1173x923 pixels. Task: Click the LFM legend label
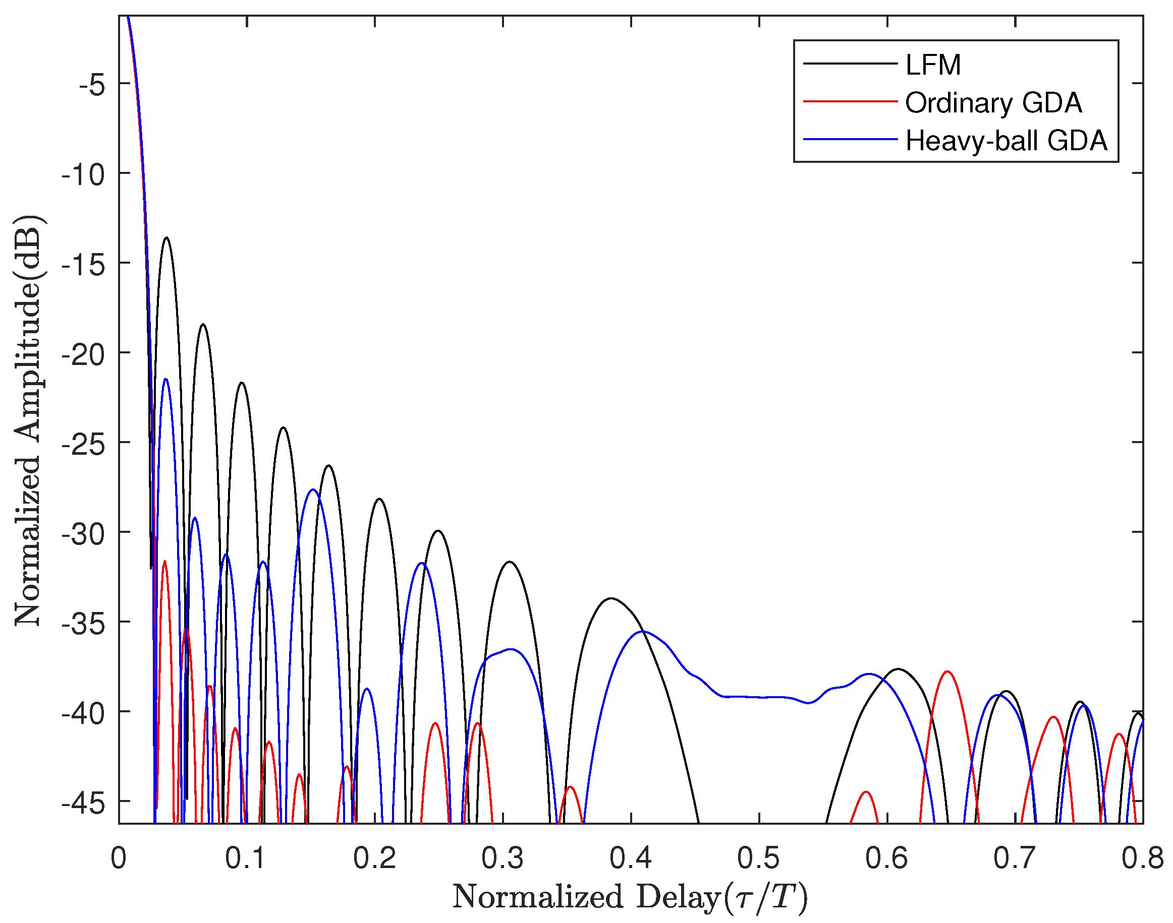(933, 66)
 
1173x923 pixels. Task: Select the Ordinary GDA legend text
(993, 103)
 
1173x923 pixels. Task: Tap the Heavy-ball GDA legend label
(1007, 141)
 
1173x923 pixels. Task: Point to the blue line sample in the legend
(850, 140)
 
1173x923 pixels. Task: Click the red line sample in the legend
(850, 101)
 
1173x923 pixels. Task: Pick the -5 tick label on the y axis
(91, 85)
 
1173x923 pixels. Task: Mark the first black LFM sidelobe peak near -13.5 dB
(166, 238)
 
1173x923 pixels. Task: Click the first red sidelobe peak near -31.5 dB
(164, 562)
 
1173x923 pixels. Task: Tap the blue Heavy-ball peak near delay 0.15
(313, 489)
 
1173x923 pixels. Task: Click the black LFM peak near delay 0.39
(611, 598)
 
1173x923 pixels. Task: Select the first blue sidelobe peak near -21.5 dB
(165, 380)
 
